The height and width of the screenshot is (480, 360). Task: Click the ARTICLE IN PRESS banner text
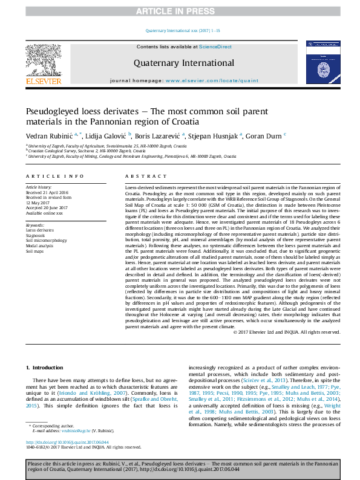(x=180, y=11)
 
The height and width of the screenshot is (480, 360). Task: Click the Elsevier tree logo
(x=43, y=59)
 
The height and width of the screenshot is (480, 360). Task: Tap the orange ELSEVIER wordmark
(x=43, y=81)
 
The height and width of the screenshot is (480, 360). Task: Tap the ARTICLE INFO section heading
(x=54, y=176)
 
